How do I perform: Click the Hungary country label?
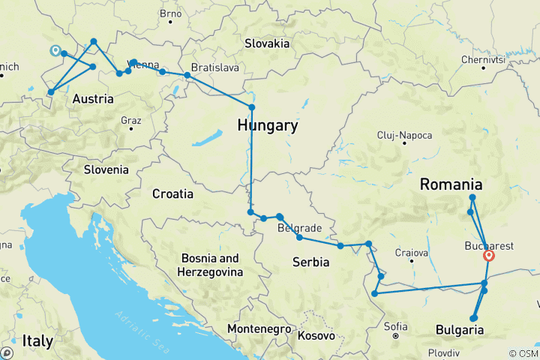pos(268,126)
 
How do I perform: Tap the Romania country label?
pos(450,184)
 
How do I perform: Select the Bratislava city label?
pos(214,67)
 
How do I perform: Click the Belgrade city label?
pos(300,228)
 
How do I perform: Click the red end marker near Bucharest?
pos(489,256)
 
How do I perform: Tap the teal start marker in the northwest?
pos(54,51)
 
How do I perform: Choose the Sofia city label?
pos(395,326)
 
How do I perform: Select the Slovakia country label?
pos(266,43)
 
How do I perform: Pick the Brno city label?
pos(171,13)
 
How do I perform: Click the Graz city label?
pos(130,120)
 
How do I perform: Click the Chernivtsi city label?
pos(483,59)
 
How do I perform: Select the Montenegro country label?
pos(259,329)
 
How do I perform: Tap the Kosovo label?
pos(316,336)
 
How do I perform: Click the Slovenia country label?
pos(106,169)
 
